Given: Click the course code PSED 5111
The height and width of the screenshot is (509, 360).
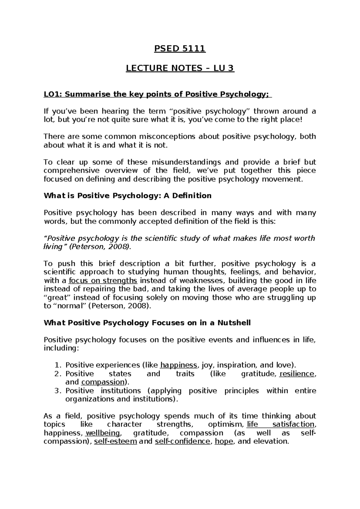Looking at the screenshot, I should coord(180,49).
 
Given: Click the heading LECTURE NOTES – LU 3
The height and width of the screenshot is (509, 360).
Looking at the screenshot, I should coord(180,68).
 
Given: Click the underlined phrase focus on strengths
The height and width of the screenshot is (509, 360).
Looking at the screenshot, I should coord(103,281).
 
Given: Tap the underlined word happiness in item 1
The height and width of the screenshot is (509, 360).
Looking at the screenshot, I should coord(179,365).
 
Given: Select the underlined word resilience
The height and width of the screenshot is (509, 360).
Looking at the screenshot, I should coord(297,374).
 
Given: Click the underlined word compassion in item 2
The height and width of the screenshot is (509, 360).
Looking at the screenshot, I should coord(103,382).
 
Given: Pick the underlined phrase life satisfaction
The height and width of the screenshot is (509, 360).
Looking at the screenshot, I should coord(280,424).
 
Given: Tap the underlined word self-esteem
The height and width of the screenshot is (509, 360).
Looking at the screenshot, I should coord(115,441).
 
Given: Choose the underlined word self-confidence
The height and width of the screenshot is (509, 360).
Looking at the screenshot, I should coord(182,441).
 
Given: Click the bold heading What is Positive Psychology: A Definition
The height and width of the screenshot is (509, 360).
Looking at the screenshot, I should coord(127,196).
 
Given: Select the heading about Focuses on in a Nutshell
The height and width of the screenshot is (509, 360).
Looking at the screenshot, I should coord(147,323).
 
